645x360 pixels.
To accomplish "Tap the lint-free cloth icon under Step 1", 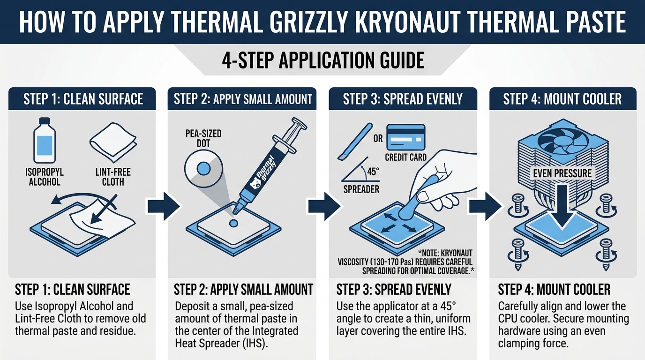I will (x=113, y=141).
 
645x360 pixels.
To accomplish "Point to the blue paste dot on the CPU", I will (x=233, y=224).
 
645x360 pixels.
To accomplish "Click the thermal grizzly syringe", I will (x=268, y=164).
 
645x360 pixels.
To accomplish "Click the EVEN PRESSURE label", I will (x=562, y=173).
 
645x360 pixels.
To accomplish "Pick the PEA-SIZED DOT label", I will (x=203, y=138).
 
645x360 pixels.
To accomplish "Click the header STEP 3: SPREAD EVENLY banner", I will (x=403, y=99).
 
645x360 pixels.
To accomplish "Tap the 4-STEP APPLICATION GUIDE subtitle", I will (x=322, y=60).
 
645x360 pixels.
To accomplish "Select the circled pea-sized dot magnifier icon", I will (x=203, y=167).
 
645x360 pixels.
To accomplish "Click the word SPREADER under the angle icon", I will (x=361, y=189).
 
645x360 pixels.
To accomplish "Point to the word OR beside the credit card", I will (x=377, y=139).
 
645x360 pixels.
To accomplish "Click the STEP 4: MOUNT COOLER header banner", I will (x=562, y=99).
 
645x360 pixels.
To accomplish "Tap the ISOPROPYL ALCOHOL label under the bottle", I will (x=45, y=177).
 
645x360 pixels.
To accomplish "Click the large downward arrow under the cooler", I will (x=562, y=202).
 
